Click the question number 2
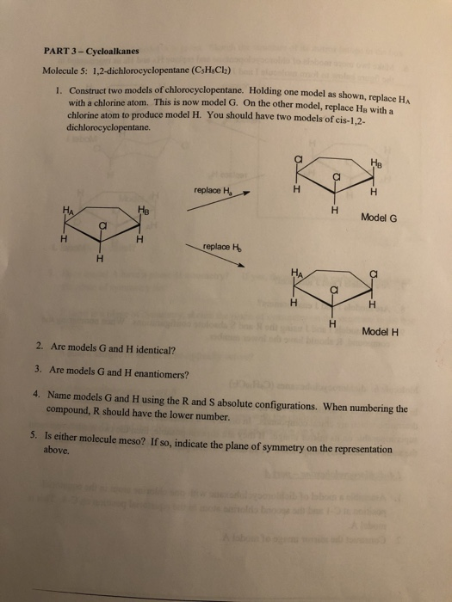point(40,350)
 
